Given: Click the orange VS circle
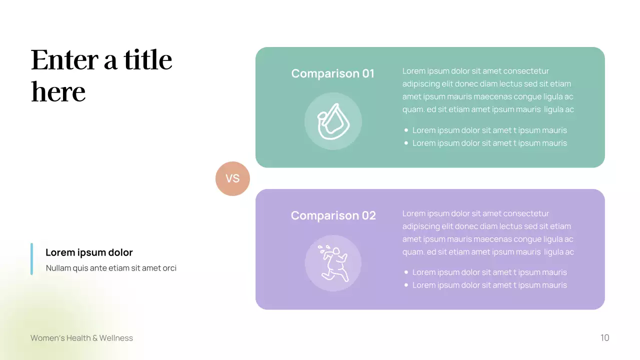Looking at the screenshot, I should pos(232,178).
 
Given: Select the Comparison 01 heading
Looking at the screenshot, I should pos(332,73).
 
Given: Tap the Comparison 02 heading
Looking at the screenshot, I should pos(333,215).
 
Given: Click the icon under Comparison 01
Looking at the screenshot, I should pos(333,121).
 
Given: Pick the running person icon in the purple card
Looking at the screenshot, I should pos(333,263).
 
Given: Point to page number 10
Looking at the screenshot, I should pos(604,338).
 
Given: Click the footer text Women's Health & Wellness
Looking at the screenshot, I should pos(81,338).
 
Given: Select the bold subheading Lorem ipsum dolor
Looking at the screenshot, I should pos(89,252).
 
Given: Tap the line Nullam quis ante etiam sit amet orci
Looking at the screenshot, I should pos(111,268).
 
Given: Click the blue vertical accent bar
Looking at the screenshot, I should pos(31,259).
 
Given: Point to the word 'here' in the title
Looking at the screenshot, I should pos(58,92).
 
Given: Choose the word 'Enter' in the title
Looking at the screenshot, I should pos(64,60).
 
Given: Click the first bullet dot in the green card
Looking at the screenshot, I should pos(406,130).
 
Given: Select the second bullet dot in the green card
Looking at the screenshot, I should pos(406,143).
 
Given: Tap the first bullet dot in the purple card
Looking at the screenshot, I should pos(406,272).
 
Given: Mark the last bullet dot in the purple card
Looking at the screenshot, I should pos(406,285).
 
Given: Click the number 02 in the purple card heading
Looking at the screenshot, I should pos(368,215).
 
